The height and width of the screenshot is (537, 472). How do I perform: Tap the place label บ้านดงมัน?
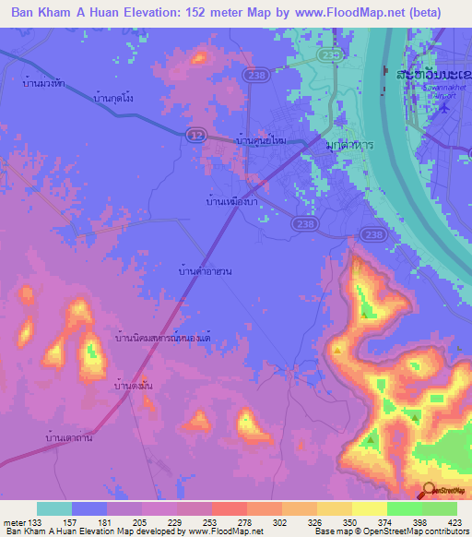132,386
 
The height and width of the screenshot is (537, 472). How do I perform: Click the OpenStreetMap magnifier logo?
431,492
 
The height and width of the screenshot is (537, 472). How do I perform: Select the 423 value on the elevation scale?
456,522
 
